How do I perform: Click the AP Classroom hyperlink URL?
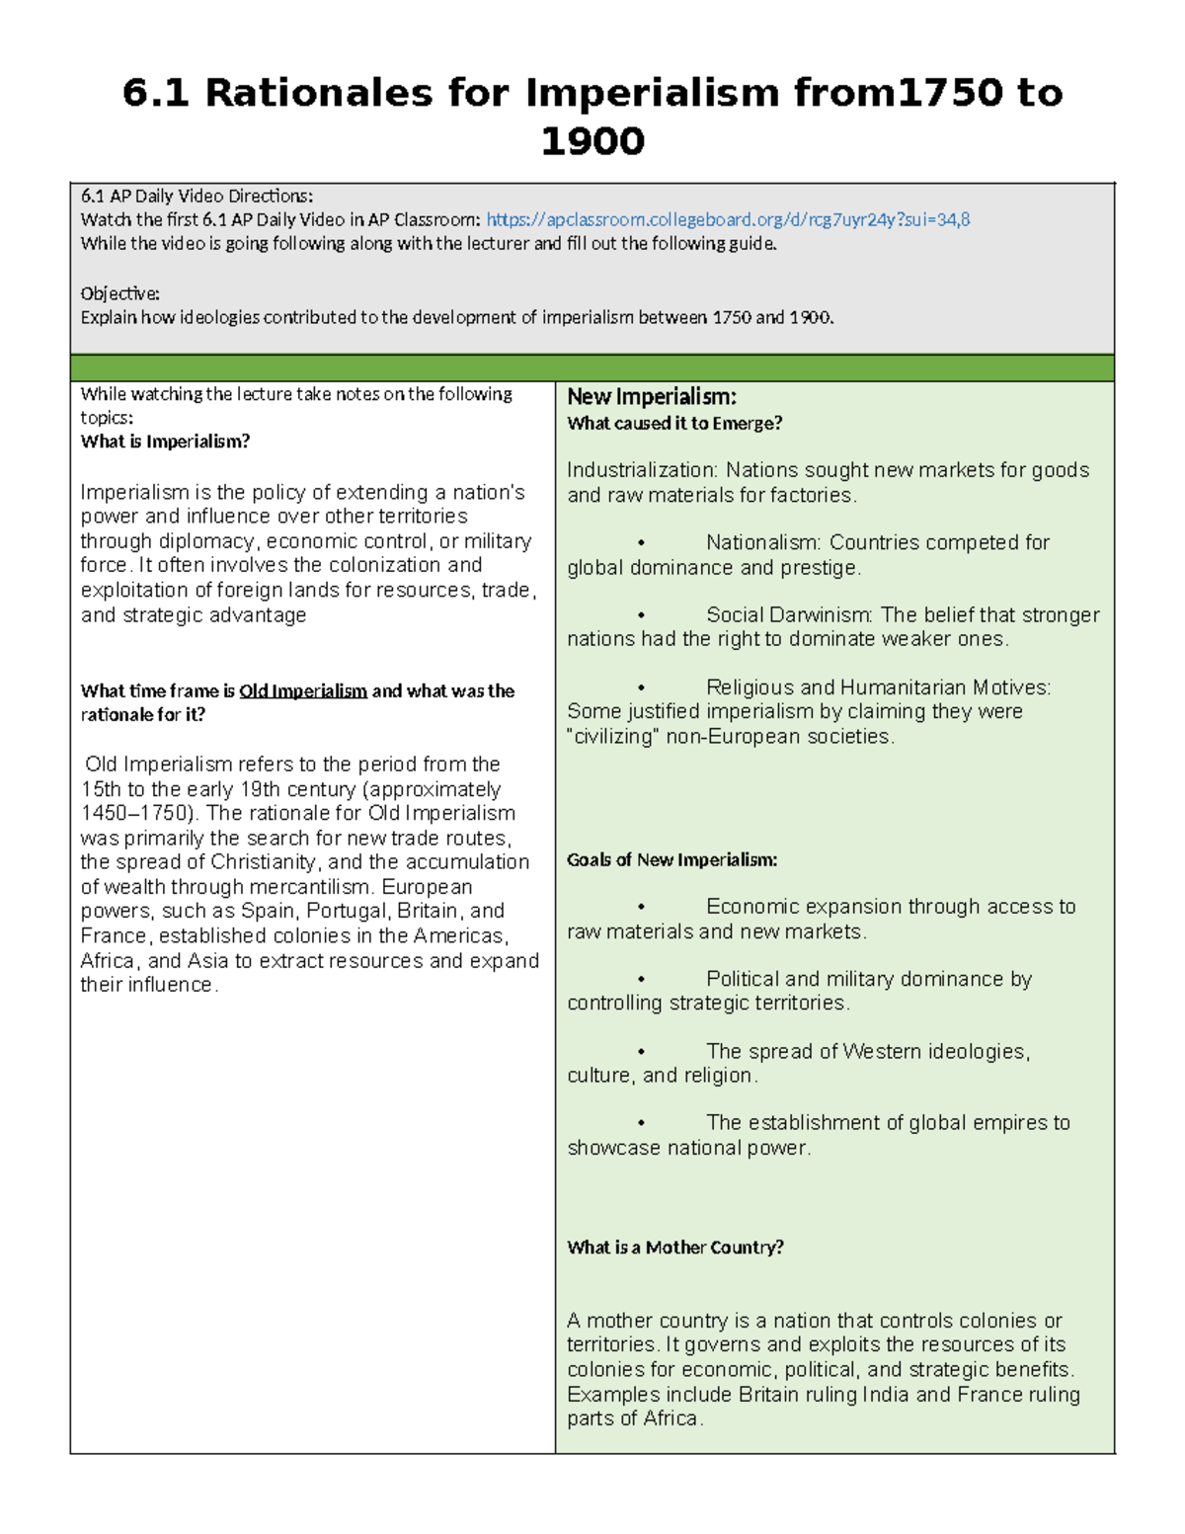point(728,219)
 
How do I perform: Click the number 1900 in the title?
point(592,141)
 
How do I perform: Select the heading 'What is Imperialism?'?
point(165,442)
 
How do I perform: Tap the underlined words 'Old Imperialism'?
point(303,691)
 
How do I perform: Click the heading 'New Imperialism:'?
point(651,397)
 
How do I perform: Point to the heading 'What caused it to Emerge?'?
point(674,424)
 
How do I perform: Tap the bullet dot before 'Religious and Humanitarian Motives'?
point(641,687)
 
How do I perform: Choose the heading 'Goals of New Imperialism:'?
point(671,860)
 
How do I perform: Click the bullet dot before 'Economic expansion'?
point(641,907)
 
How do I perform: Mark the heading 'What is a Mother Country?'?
point(675,1248)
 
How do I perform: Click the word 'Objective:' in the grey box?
point(119,293)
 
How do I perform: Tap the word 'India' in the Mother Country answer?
point(886,1395)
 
